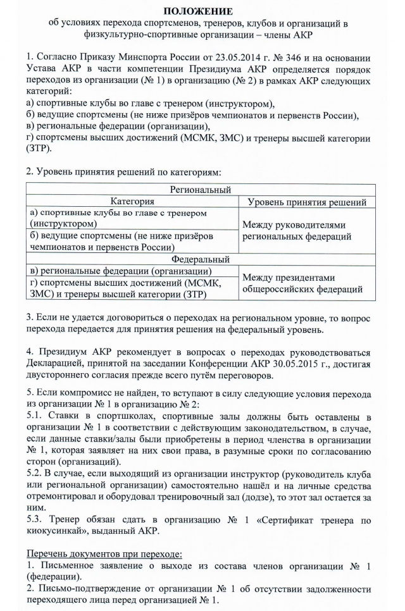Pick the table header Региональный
click(201, 190)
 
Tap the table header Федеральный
click(201, 259)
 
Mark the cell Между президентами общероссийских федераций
click(298, 283)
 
